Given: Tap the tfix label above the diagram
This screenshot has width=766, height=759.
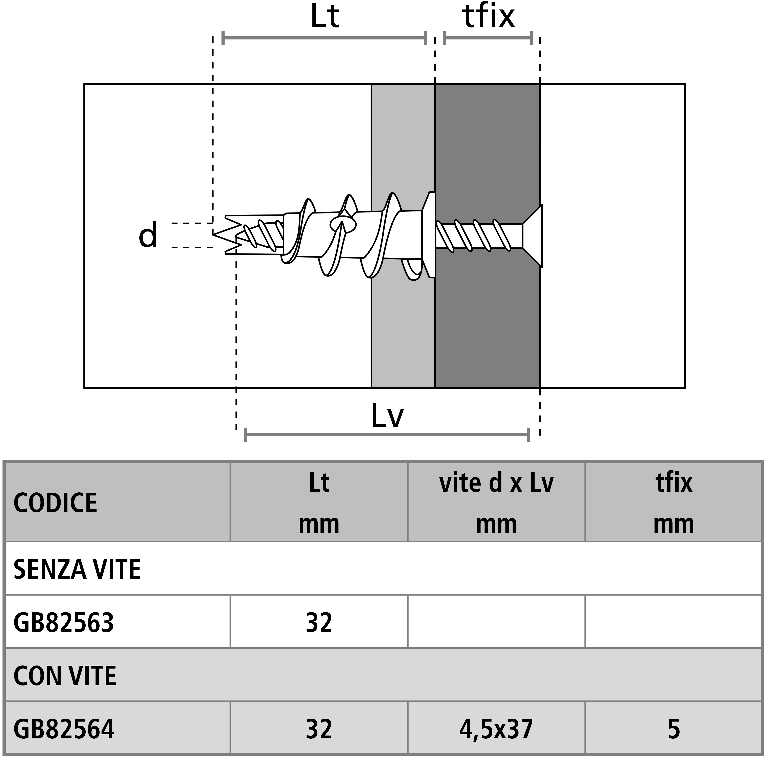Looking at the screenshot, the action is (489, 17).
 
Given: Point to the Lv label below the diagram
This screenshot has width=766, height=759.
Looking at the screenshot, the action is (387, 416).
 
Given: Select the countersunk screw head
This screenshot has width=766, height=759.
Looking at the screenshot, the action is (532, 236).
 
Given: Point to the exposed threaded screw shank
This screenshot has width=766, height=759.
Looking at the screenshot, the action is (479, 236).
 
